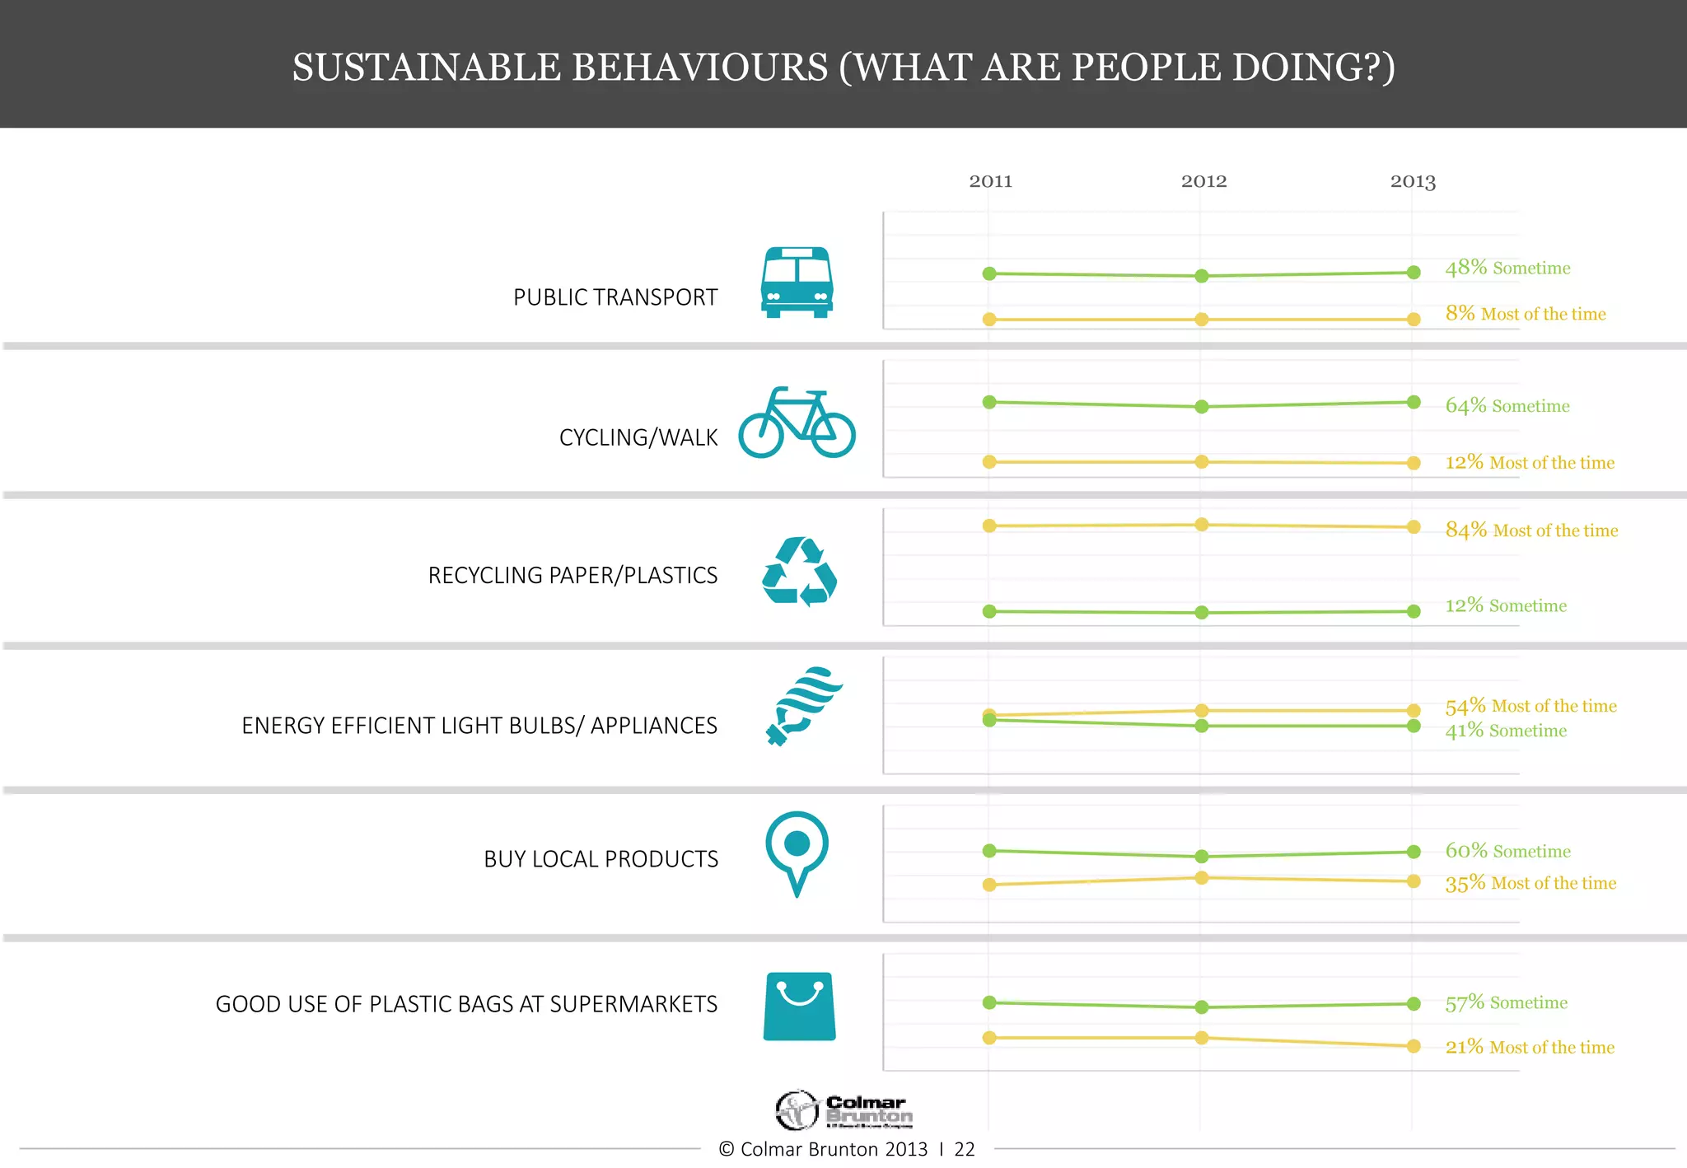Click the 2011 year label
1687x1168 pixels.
(x=990, y=181)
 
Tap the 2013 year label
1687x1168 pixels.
(x=1413, y=181)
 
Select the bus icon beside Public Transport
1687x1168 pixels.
(x=797, y=283)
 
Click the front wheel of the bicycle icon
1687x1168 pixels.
(x=833, y=433)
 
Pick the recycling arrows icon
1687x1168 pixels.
(x=798, y=572)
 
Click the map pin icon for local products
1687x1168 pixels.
(x=797, y=852)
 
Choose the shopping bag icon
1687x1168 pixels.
(x=799, y=1006)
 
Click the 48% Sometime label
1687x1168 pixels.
(x=1507, y=268)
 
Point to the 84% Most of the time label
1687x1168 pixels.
(x=1530, y=530)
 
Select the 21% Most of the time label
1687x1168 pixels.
(x=1529, y=1047)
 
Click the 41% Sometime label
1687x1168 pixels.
(x=1505, y=731)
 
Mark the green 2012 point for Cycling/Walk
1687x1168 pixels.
(x=1202, y=406)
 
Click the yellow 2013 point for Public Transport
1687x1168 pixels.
(x=1414, y=319)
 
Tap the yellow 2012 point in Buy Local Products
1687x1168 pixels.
(x=1202, y=878)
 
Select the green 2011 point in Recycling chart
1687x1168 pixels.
(x=989, y=611)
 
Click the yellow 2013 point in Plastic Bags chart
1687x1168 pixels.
(x=1414, y=1046)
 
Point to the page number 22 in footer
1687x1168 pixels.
(x=965, y=1149)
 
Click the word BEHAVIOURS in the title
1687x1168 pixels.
(x=699, y=68)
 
